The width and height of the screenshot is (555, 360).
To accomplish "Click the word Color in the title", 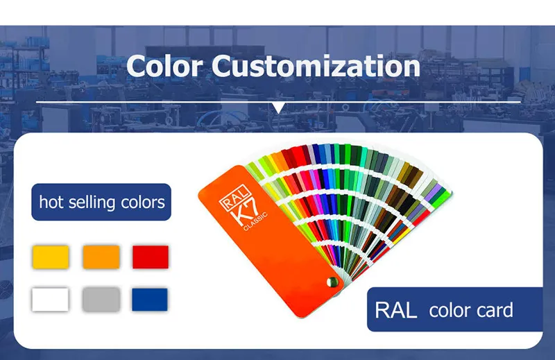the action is [164, 66].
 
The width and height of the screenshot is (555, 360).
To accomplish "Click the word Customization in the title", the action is [316, 66].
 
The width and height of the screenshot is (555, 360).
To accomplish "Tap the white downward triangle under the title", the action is [279, 108].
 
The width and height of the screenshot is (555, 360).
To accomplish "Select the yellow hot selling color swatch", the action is [51, 257].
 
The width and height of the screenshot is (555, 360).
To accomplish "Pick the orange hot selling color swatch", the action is [101, 257].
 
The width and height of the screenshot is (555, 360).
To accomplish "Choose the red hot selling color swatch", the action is [151, 257].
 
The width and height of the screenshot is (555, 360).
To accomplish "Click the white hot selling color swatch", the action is [50, 300].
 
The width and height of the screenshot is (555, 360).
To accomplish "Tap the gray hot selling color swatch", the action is [101, 300].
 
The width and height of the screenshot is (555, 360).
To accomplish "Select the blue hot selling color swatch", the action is [150, 300].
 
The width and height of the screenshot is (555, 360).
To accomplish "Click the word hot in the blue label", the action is [51, 202].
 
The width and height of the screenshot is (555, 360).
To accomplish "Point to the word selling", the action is [92, 203].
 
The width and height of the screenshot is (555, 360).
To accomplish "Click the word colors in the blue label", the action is [143, 203].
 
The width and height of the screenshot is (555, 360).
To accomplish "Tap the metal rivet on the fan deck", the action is [332, 282].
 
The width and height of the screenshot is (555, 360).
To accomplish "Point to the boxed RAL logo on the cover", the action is [235, 196].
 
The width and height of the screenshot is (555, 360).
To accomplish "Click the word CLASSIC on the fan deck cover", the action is [255, 221].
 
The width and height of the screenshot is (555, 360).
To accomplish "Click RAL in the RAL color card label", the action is [395, 311].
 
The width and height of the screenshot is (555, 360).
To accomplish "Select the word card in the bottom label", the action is [495, 310].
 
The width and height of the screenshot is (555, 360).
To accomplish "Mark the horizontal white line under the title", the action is [279, 102].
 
